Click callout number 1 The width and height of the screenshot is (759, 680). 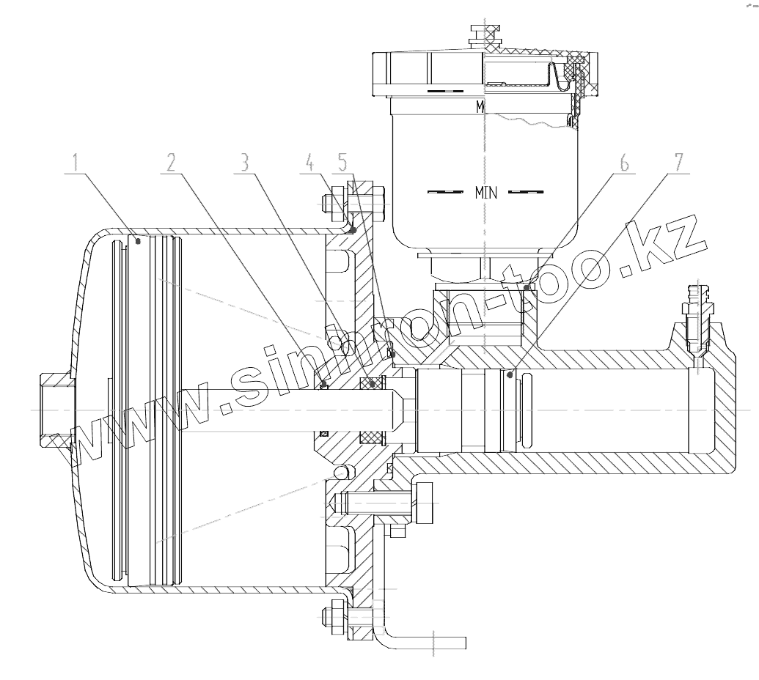coord(76,162)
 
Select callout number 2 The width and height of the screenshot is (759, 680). coord(169,162)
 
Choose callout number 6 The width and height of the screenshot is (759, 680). coord(623,162)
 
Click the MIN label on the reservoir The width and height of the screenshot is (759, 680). coord(486,193)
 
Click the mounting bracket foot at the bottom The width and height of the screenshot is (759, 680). coord(425,643)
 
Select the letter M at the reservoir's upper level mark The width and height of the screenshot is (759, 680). coord(480,107)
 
